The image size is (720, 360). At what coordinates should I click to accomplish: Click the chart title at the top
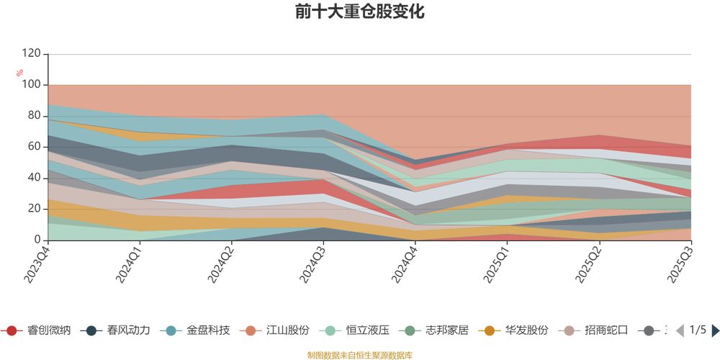[x=359, y=12]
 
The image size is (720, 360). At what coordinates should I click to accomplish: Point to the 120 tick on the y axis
[x=32, y=53]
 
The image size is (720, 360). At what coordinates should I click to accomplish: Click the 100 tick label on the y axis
[x=32, y=85]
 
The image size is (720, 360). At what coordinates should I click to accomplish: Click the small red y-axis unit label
[x=21, y=71]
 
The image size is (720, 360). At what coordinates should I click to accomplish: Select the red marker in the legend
[x=12, y=330]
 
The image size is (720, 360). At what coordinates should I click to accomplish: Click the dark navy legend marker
[x=91, y=330]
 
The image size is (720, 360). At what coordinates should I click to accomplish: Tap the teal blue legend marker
[x=171, y=330]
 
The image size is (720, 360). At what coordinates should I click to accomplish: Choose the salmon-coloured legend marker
[x=250, y=330]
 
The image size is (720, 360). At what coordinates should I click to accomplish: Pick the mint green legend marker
[x=330, y=330]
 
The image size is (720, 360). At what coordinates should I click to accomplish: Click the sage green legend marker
[x=410, y=330]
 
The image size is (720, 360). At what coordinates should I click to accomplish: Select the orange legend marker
[x=490, y=330]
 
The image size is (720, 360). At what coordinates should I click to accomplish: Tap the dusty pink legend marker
[x=570, y=330]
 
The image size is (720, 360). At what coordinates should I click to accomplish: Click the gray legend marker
[x=649, y=330]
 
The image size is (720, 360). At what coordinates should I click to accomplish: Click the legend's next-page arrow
[x=714, y=330]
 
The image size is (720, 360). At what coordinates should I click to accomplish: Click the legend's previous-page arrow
[x=678, y=330]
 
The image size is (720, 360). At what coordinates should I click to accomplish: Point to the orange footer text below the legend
[x=359, y=354]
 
